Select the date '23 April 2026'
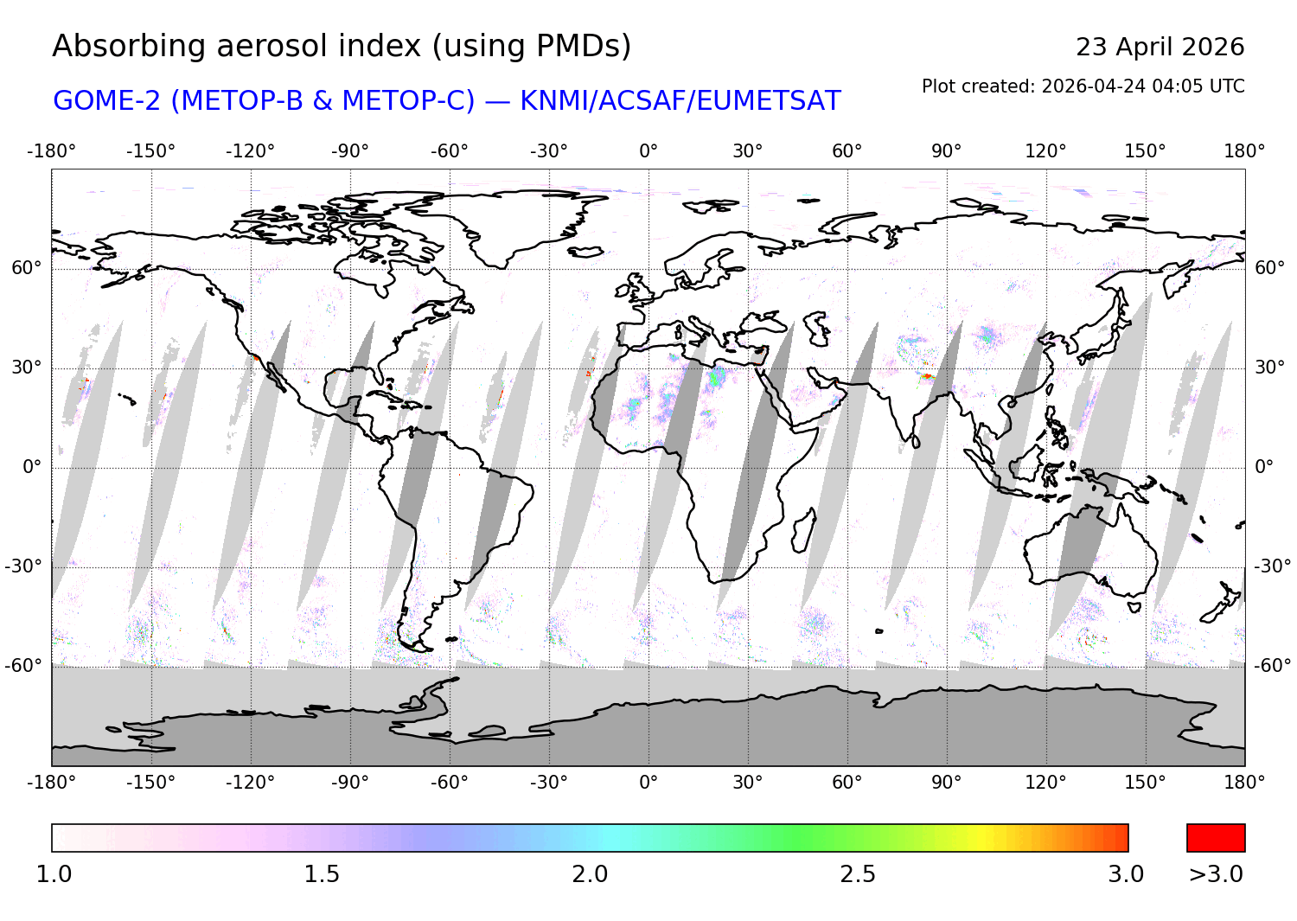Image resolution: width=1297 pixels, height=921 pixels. point(1160,47)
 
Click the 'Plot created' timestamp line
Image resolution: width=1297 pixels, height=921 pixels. point(1083,86)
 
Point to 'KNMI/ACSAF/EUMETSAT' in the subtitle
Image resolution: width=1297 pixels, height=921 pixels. point(680,101)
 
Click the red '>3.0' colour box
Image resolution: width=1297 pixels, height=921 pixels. point(1216,838)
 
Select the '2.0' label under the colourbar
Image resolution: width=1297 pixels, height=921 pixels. point(590,874)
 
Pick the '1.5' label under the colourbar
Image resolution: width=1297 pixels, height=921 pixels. point(322,874)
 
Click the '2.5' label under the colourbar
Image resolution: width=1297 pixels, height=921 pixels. point(858,874)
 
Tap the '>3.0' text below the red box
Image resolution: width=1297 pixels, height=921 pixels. point(1216,874)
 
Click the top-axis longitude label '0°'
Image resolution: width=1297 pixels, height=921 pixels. point(648,151)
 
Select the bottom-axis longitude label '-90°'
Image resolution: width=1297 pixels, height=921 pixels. point(349,783)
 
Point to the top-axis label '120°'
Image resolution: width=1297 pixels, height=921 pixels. point(1045,151)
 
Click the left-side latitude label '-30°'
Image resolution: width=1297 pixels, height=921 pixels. point(23,567)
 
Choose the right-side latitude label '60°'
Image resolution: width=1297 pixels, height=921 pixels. point(1269,268)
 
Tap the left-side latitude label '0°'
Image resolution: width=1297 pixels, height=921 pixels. point(32,468)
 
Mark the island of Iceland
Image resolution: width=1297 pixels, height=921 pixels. point(586,252)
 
